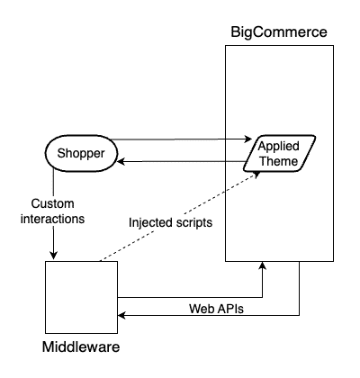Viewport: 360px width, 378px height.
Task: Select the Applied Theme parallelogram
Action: (280, 153)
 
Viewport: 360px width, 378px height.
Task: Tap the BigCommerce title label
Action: (279, 32)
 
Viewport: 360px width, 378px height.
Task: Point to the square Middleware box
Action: (81, 297)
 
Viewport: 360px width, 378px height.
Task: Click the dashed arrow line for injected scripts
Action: (180, 216)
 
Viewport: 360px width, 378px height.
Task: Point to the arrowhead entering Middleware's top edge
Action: (56, 256)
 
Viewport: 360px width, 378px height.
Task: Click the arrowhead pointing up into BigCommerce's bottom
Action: (262, 267)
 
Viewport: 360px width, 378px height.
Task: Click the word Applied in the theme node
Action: (280, 146)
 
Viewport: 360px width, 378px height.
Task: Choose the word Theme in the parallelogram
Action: (278, 161)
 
